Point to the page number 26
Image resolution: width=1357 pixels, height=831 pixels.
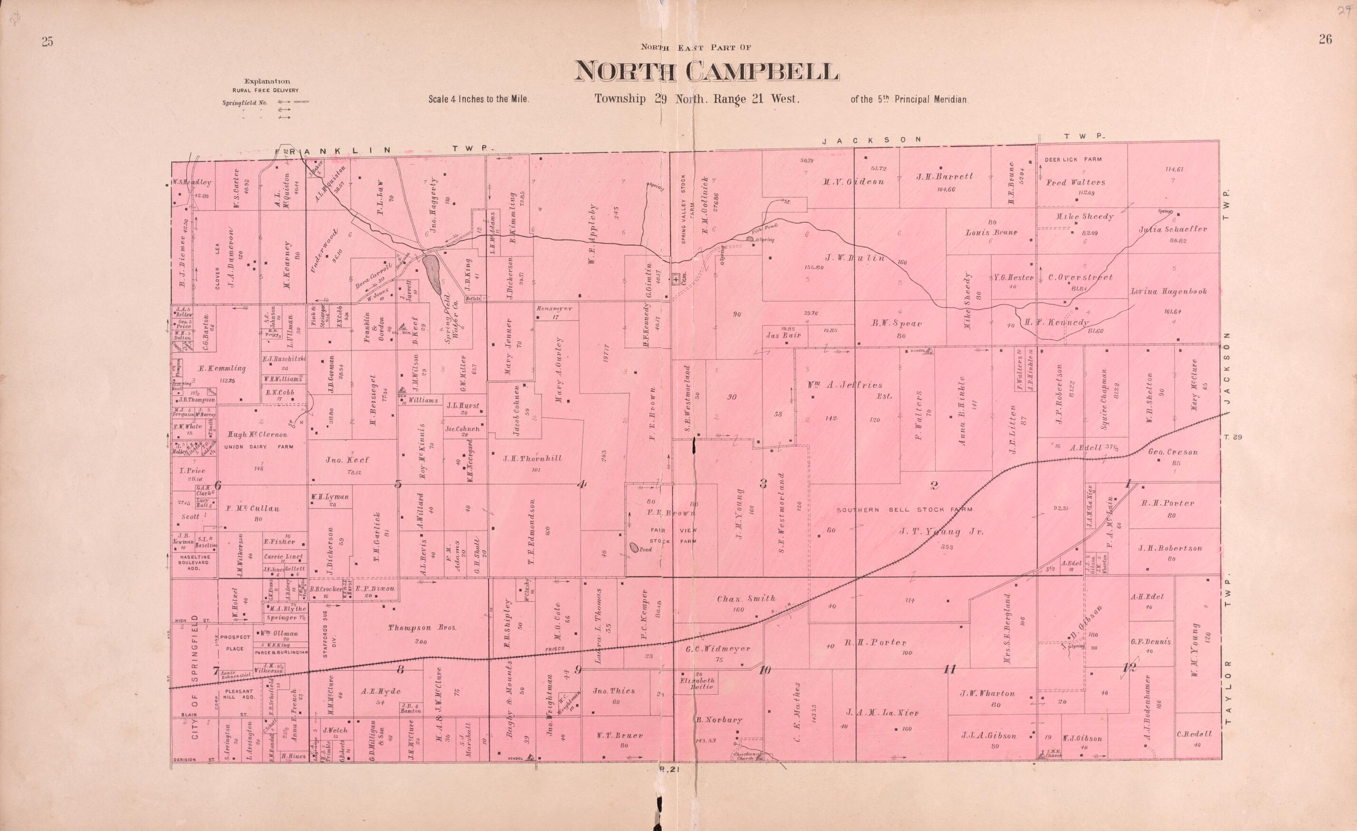tap(1325, 38)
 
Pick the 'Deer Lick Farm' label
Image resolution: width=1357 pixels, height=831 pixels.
tap(1073, 160)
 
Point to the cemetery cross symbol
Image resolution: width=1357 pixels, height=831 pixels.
tap(675, 279)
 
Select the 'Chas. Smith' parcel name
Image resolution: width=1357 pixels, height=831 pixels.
tap(745, 599)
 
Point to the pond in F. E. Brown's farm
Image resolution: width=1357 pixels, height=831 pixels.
tap(634, 548)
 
